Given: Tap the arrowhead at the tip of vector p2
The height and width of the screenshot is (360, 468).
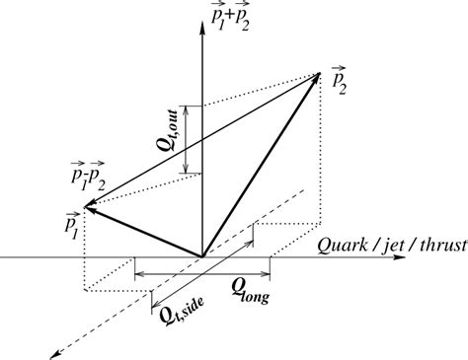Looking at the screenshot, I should (x=318, y=77).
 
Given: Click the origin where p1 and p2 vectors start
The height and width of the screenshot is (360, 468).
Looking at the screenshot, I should (x=202, y=257).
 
